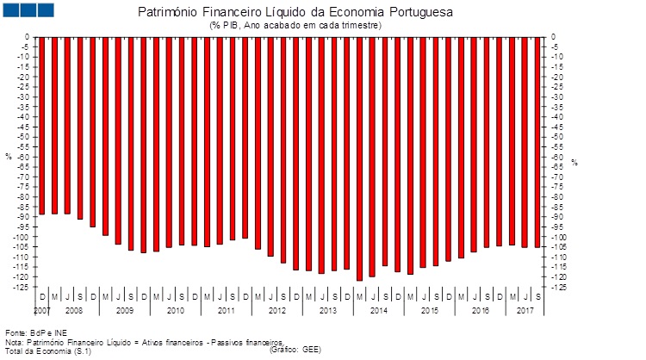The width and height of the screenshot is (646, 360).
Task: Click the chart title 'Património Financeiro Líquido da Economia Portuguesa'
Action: click(x=294, y=13)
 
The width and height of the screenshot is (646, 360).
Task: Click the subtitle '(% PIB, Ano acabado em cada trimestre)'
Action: click(x=295, y=26)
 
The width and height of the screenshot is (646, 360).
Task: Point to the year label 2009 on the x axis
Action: click(x=125, y=308)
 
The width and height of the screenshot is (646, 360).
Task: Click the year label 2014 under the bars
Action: click(x=378, y=308)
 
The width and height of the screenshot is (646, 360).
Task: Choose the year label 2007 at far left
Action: click(x=42, y=308)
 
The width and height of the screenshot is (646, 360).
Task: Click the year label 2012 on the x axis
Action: click(x=276, y=308)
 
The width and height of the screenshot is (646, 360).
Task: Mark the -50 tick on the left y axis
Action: click(x=22, y=137)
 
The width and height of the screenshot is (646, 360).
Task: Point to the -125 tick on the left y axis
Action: click(x=20, y=287)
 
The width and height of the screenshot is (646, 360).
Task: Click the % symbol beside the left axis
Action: click(x=9, y=157)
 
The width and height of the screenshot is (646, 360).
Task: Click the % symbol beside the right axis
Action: click(x=574, y=162)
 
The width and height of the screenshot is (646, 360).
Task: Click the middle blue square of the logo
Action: click(x=28, y=9)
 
